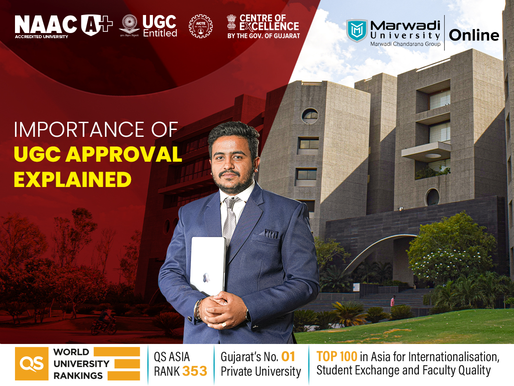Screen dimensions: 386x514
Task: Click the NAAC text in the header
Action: click(46, 24)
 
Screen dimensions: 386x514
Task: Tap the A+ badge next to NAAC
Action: click(97, 24)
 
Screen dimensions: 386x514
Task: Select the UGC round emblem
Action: click(129, 26)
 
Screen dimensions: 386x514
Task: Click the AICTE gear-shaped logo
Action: click(200, 27)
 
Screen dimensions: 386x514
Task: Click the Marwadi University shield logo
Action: click(357, 30)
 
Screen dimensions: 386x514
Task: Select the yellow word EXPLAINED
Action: click(72, 180)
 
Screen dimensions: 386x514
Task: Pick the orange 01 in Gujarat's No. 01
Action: click(288, 356)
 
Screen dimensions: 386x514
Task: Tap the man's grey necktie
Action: click(230, 219)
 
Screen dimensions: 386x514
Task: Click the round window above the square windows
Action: click(310, 116)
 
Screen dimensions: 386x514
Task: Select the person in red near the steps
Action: click(393, 301)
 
